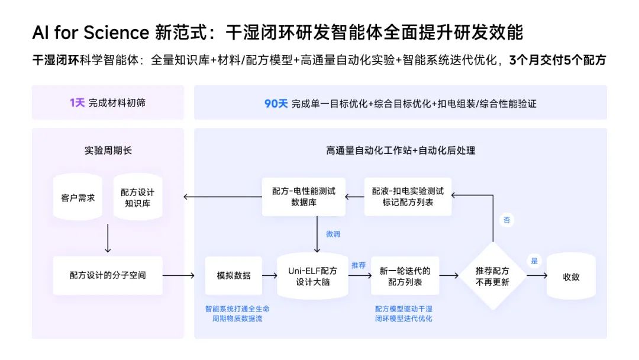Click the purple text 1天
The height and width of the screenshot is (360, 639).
[78, 103]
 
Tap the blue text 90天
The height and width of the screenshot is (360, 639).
[276, 103]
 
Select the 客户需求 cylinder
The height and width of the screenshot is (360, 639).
[78, 198]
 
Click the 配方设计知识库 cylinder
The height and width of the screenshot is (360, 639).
[137, 198]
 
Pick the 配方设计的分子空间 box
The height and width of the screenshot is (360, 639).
[107, 275]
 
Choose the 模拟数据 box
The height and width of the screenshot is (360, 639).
[234, 275]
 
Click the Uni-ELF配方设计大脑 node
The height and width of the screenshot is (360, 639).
[312, 276]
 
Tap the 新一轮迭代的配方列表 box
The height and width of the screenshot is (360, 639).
[405, 276]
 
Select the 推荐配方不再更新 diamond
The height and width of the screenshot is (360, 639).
[492, 276]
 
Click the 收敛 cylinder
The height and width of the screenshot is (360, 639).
[570, 276]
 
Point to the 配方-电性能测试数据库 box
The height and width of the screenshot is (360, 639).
[304, 197]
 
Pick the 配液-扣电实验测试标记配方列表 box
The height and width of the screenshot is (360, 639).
[408, 197]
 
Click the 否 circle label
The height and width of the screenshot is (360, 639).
[506, 220]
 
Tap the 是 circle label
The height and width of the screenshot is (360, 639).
[535, 261]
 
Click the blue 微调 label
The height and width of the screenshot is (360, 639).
[333, 234]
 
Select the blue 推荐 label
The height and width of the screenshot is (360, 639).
[359, 265]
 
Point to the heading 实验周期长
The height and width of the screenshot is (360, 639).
[108, 150]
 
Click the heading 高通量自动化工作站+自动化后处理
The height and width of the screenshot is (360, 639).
[400, 150]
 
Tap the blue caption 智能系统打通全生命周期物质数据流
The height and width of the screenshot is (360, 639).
[233, 314]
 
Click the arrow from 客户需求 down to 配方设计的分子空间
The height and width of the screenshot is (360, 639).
[108, 239]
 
